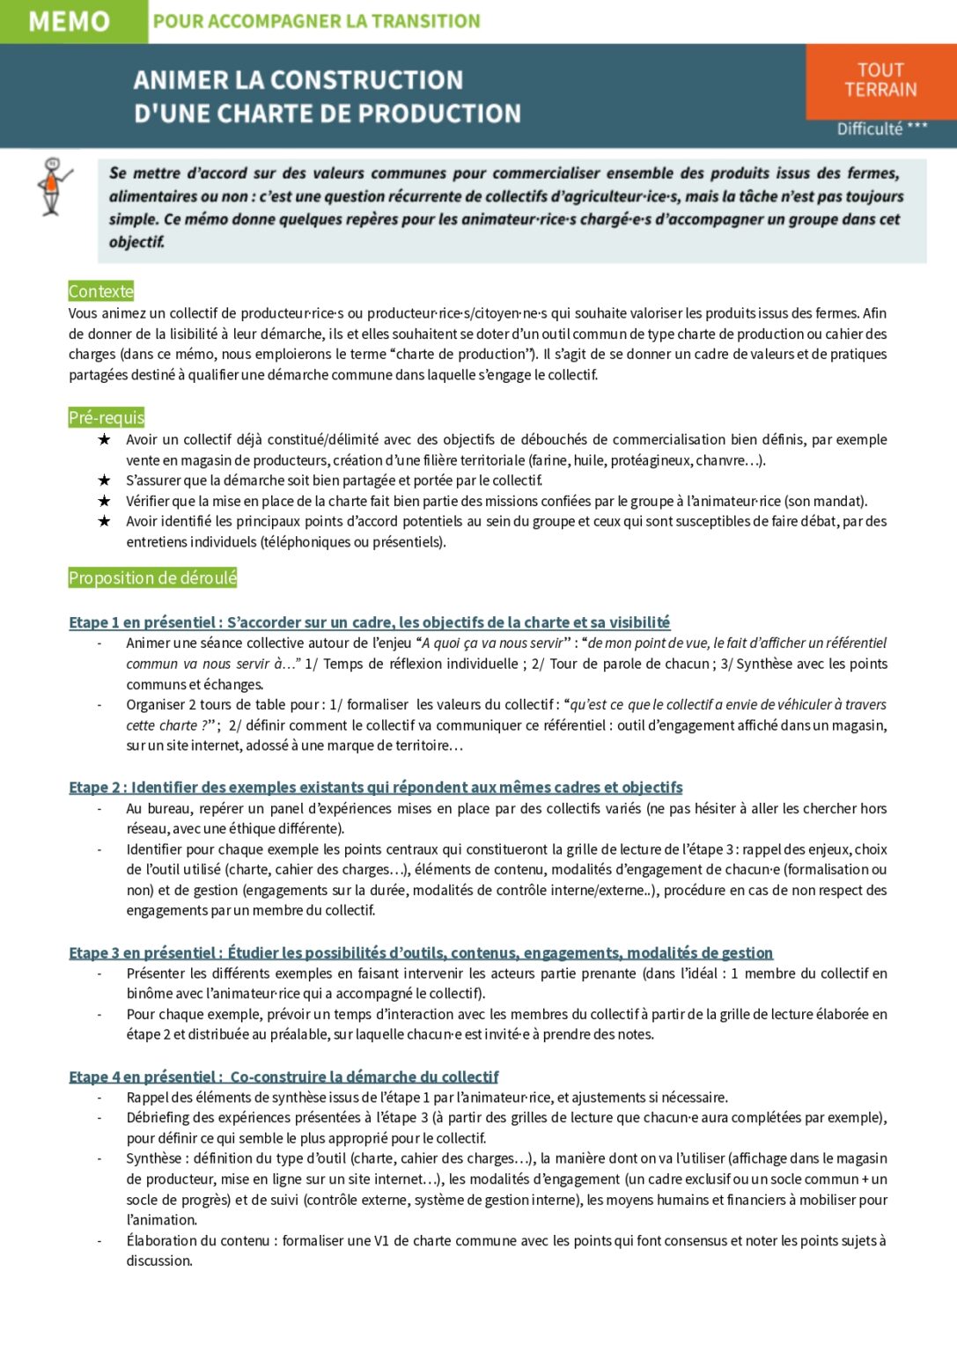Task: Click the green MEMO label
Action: (70, 21)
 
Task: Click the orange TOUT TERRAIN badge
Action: (880, 80)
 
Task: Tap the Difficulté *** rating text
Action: (881, 129)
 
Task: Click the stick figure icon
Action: (52, 186)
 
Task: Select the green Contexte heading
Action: (101, 291)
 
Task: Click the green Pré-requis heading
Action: (107, 417)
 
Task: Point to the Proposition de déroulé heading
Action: (153, 578)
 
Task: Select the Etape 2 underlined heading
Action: (375, 787)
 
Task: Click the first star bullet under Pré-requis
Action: (104, 439)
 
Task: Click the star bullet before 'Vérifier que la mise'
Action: (104, 501)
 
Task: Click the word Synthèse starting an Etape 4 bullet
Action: (153, 1158)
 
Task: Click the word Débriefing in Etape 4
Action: (158, 1117)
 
